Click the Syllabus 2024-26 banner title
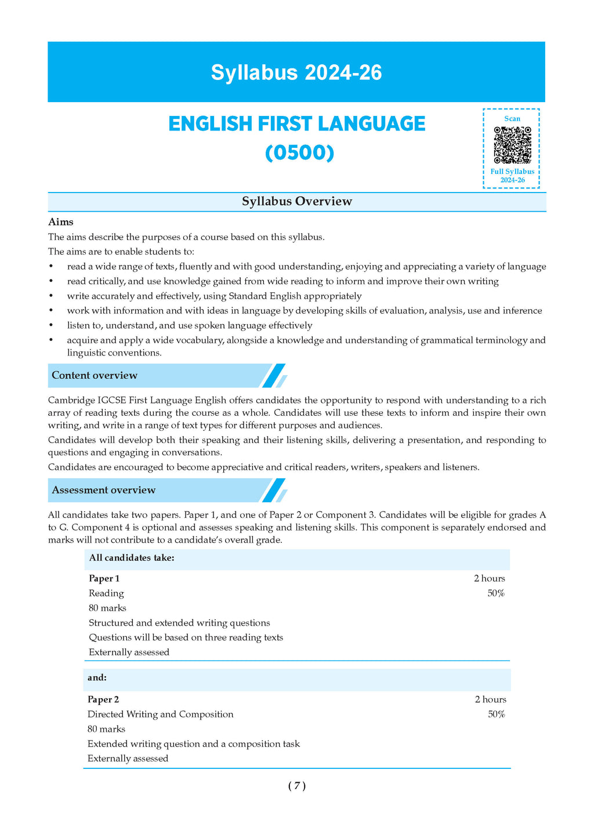(x=296, y=73)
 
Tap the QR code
(x=512, y=145)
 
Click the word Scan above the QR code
(x=512, y=119)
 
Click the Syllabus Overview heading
(x=296, y=202)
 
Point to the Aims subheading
(x=61, y=222)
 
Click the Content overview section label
(x=95, y=375)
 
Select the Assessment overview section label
(x=104, y=490)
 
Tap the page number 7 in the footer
(x=296, y=786)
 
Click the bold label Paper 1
(x=104, y=578)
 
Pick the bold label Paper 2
(x=103, y=699)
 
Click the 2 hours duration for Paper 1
(x=489, y=578)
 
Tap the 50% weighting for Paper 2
(x=496, y=714)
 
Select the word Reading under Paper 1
(x=106, y=593)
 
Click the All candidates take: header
(x=132, y=558)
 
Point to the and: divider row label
(x=97, y=678)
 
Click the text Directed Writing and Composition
(x=160, y=714)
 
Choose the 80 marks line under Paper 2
(x=106, y=729)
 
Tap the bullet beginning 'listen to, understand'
(x=189, y=326)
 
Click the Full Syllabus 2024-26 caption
(x=512, y=176)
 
